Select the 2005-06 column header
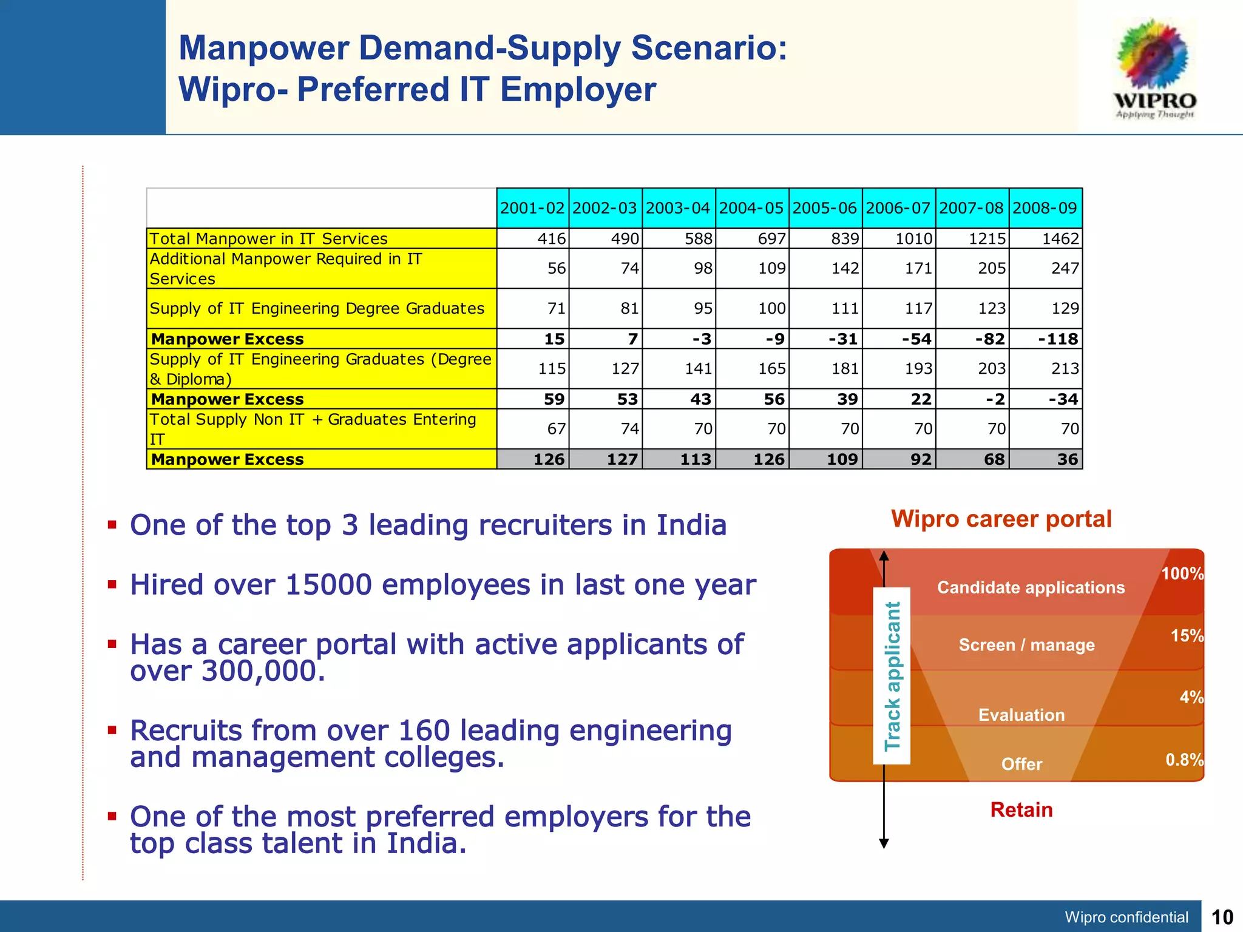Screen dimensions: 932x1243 [x=825, y=208]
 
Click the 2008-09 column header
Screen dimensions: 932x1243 [x=1045, y=208]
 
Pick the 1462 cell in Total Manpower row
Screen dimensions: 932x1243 [x=1060, y=238]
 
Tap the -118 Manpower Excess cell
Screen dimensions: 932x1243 [x=1058, y=339]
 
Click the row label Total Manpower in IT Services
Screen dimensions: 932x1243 [x=268, y=238]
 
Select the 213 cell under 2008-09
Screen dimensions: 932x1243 [x=1065, y=368]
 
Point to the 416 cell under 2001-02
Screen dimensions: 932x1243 [x=551, y=238]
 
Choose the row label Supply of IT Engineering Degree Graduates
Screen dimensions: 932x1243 [x=317, y=308]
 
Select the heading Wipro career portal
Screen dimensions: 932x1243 [x=1001, y=519]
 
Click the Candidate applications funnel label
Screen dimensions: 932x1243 [x=1031, y=587]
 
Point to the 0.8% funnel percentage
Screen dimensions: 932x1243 [x=1184, y=760]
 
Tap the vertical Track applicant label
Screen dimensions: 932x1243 [x=892, y=676]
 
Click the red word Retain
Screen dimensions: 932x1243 [x=1021, y=809]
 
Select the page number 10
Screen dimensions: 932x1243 [x=1222, y=917]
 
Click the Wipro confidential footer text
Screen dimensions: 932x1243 [x=1126, y=917]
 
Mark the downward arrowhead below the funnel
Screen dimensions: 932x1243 [x=884, y=843]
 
